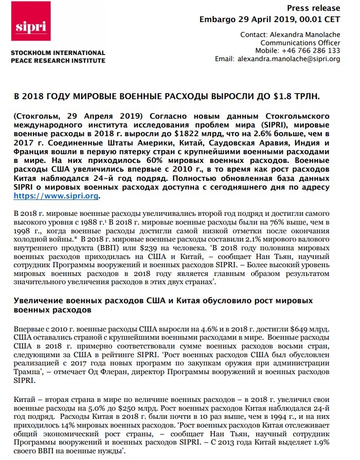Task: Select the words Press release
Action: coord(313,8)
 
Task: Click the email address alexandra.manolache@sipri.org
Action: coord(289,59)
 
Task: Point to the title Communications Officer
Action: coord(300,43)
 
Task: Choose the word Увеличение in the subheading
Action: coord(39,300)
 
